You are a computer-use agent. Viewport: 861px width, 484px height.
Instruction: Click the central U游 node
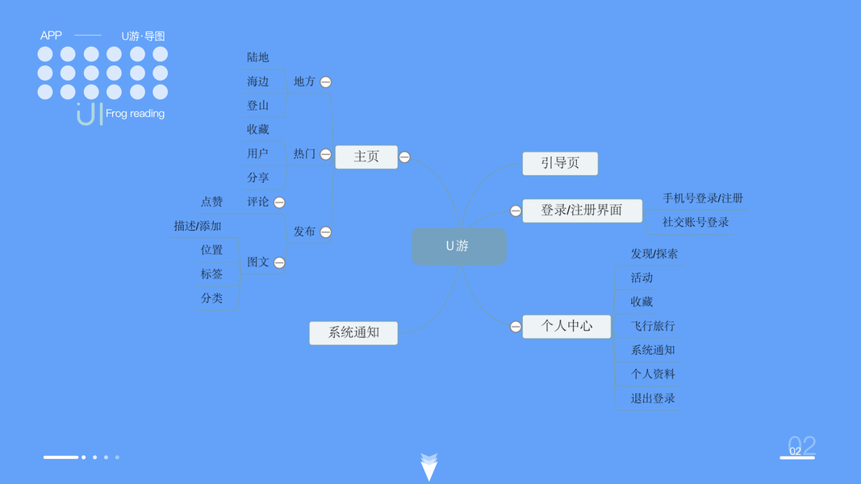pyautogui.click(x=458, y=246)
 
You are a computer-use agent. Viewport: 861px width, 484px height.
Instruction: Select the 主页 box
pyautogui.click(x=366, y=156)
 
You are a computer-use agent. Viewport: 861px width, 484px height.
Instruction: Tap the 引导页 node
pyautogui.click(x=560, y=163)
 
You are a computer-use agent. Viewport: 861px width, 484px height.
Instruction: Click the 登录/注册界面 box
pyautogui.click(x=582, y=211)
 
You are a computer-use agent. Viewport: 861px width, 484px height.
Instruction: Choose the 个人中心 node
pyautogui.click(x=566, y=326)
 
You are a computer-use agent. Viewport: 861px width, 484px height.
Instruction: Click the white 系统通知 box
pyautogui.click(x=353, y=332)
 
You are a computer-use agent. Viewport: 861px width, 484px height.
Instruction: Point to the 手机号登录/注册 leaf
pyautogui.click(x=703, y=198)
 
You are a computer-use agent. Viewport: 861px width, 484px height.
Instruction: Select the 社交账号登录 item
pyautogui.click(x=696, y=222)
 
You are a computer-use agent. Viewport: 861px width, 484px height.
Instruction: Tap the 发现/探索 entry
pyautogui.click(x=654, y=254)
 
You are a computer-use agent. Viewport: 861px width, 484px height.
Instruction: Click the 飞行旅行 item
pyautogui.click(x=653, y=326)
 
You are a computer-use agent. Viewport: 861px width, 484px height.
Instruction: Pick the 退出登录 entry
pyautogui.click(x=653, y=398)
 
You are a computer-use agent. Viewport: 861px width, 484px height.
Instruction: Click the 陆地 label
pyautogui.click(x=258, y=57)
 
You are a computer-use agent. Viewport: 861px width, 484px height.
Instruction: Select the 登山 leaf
pyautogui.click(x=258, y=106)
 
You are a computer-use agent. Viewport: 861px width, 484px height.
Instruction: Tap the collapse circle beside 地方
pyautogui.click(x=326, y=82)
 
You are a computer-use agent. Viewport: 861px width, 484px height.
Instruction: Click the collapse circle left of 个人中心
pyautogui.click(x=516, y=327)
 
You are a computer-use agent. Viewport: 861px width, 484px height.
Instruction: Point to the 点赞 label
pyautogui.click(x=211, y=202)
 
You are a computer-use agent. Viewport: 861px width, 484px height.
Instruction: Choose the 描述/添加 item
pyautogui.click(x=197, y=226)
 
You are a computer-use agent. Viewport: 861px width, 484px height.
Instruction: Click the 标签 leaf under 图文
pyautogui.click(x=211, y=274)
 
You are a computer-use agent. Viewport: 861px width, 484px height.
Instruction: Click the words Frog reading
pyautogui.click(x=135, y=114)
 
